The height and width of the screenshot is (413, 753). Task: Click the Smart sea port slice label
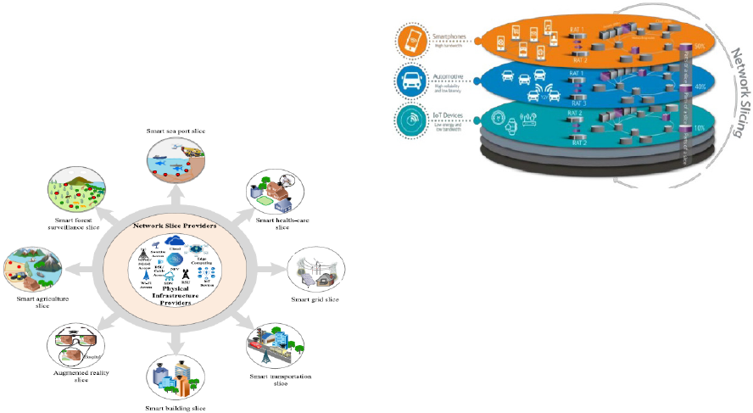tap(176, 131)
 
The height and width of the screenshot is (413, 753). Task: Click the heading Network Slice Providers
tap(174, 226)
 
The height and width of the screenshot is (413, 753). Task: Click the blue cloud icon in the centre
tap(176, 242)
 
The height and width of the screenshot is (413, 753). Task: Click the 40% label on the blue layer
tap(700, 87)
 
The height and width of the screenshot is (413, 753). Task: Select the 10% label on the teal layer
tap(700, 127)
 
